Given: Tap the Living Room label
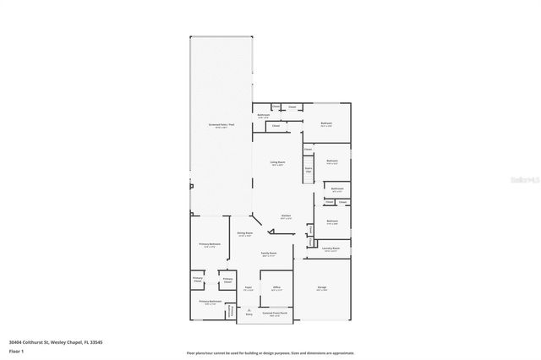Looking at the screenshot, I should (x=277, y=162).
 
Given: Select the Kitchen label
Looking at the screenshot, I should (x=286, y=215).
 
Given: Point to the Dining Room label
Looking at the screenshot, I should (x=245, y=234).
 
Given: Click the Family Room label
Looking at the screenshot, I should (x=270, y=254).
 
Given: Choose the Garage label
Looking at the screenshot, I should (x=321, y=288).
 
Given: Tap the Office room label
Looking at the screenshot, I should (x=276, y=289).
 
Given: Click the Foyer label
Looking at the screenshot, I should (x=249, y=288).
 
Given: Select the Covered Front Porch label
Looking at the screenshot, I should (x=273, y=314).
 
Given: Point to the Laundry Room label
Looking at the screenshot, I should (x=331, y=248).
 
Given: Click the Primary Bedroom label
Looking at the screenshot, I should (x=210, y=245).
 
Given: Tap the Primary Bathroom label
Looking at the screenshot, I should (x=210, y=302).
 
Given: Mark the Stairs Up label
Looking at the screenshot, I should (x=309, y=169).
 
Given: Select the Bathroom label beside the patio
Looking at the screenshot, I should (x=263, y=116).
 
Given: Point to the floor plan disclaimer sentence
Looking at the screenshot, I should (x=270, y=352).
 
